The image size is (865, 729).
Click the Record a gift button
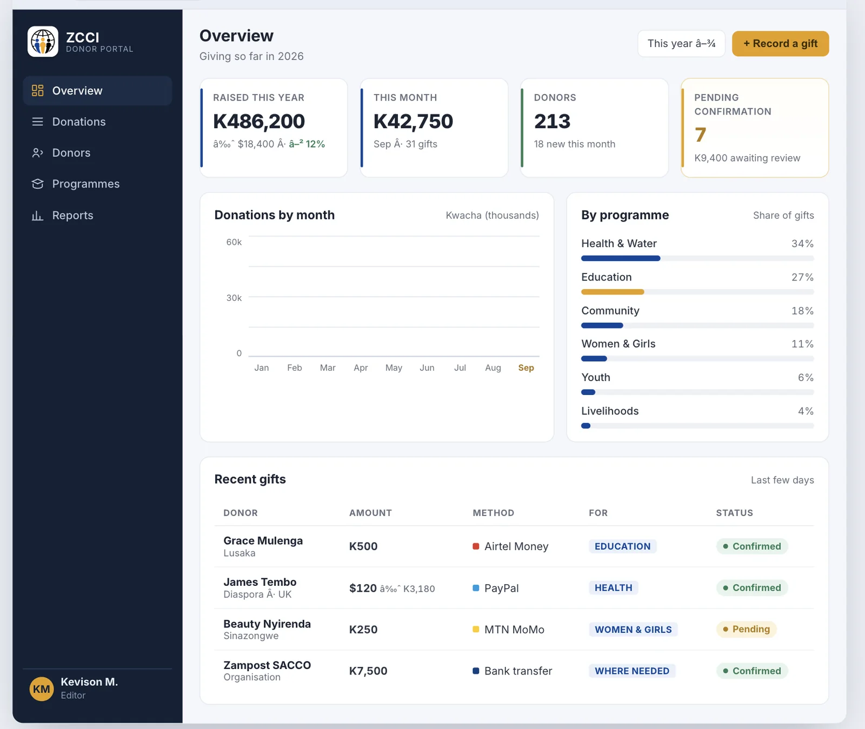780,44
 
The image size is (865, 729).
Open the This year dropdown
681,44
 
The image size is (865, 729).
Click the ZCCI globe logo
43,42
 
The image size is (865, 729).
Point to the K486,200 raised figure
259,122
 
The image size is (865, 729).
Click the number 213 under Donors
552,122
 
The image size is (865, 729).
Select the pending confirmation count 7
700,135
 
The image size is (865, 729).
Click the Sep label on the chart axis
526,367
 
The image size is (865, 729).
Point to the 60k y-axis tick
234,242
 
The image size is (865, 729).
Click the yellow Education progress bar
613,292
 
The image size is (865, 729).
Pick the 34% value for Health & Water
802,244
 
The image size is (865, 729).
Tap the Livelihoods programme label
610,411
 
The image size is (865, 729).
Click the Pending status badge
746,629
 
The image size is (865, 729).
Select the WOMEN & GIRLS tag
633,630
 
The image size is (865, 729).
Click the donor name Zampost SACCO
267,665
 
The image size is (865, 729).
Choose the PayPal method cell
496,588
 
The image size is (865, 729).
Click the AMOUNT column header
370,513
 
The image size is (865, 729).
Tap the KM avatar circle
42,689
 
